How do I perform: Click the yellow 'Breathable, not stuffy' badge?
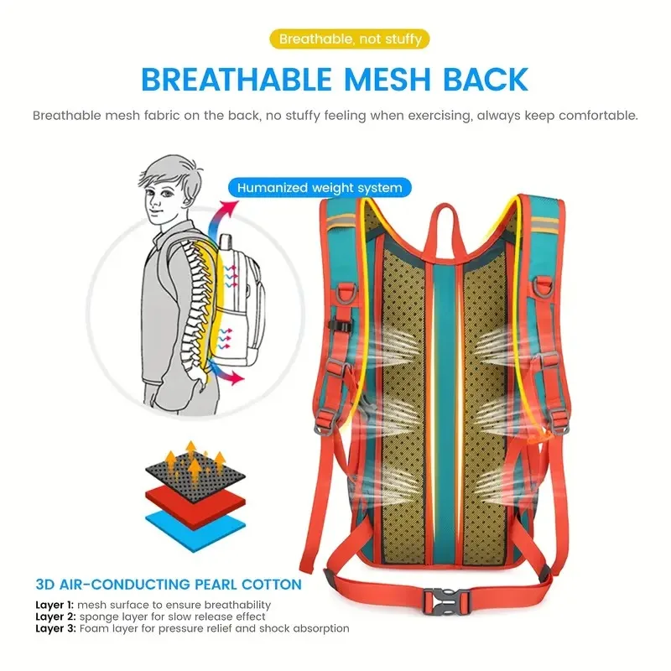(350, 39)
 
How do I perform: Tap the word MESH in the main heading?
(388, 80)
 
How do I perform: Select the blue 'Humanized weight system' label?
(320, 188)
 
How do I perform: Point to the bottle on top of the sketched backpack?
(226, 245)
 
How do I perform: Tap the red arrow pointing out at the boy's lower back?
(229, 373)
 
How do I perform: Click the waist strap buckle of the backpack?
(446, 601)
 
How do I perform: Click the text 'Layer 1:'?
(55, 605)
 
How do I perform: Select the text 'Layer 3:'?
(55, 628)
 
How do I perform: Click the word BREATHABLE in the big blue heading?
(237, 80)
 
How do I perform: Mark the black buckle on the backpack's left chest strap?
(341, 325)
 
